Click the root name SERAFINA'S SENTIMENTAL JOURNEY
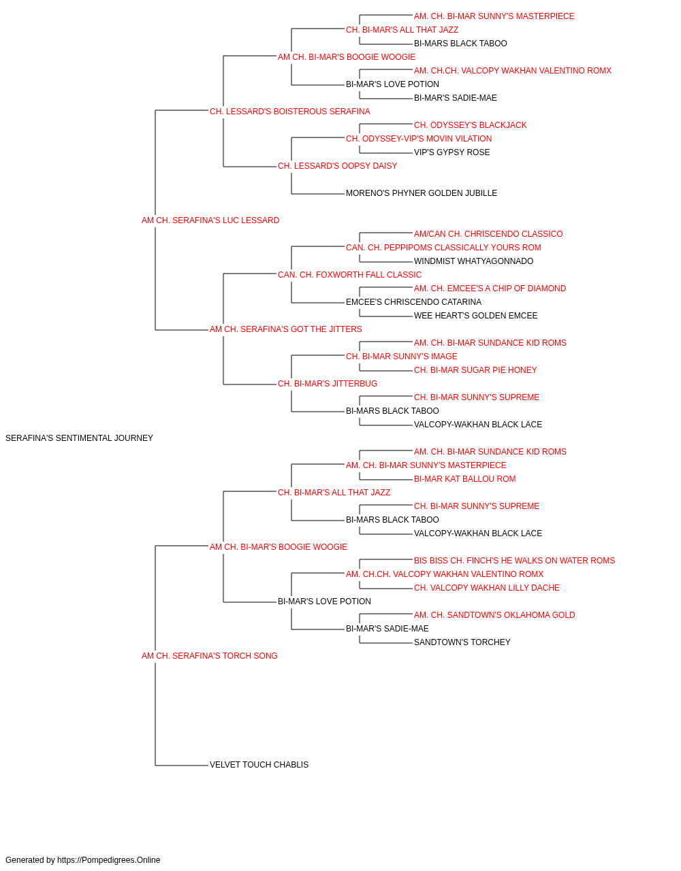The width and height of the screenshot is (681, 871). tap(79, 438)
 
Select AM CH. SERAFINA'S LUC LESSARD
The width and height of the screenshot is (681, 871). tap(210, 220)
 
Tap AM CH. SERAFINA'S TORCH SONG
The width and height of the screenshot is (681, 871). tap(209, 656)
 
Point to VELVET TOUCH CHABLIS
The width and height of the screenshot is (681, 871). tap(259, 765)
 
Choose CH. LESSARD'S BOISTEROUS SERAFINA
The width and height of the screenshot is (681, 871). tap(289, 112)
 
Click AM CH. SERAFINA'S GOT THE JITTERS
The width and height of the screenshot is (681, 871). tap(285, 329)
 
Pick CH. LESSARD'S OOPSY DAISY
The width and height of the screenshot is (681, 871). tap(337, 166)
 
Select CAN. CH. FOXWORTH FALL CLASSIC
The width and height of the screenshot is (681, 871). tap(349, 274)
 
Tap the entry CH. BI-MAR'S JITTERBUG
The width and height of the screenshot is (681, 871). tap(328, 384)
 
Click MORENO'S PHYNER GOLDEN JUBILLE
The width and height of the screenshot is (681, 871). tap(421, 193)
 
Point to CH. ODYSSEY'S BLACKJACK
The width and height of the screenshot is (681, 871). tap(470, 125)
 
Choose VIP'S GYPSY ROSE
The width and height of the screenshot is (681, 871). tap(452, 152)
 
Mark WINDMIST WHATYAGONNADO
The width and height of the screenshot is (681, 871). tap(473, 261)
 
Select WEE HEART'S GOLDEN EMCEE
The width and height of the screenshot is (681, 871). tap(475, 316)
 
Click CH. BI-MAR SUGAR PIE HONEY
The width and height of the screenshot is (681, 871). tap(475, 370)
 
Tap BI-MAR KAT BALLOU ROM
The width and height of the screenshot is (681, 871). tap(464, 478)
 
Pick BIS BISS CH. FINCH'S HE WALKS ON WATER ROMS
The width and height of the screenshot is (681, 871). tap(514, 560)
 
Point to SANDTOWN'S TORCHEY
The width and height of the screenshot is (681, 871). tap(462, 642)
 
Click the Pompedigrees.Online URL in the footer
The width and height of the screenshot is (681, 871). tap(108, 860)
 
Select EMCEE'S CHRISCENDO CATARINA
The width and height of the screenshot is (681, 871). tap(413, 302)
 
